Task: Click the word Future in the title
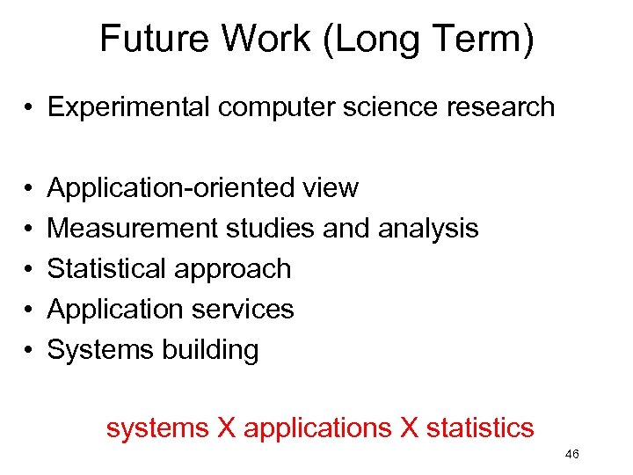[157, 40]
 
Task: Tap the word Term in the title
[483, 40]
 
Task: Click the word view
[330, 187]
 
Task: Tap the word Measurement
[133, 228]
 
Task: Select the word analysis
[428, 229]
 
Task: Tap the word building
[210, 350]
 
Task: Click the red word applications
[317, 428]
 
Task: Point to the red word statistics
[479, 427]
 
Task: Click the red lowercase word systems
[157, 428]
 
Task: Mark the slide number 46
[571, 454]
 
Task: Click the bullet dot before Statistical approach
[29, 269]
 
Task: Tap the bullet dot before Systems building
[29, 350]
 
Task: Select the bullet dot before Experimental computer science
[29, 108]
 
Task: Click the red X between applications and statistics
[408, 427]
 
